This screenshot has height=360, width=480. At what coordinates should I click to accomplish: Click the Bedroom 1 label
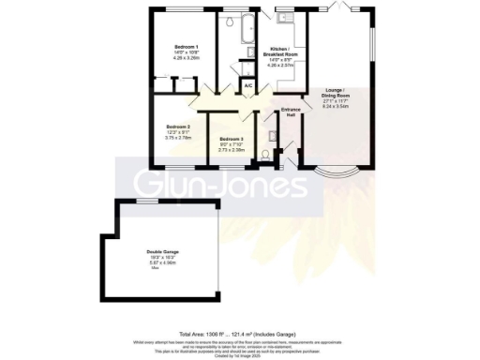coord(186,46)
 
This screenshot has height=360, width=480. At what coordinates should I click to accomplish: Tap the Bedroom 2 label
coord(179,126)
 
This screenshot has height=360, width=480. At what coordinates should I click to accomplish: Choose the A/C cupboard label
coord(248,87)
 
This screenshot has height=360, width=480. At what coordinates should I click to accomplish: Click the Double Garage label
coord(161,251)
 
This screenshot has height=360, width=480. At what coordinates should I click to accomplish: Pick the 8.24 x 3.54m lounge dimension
coord(335,106)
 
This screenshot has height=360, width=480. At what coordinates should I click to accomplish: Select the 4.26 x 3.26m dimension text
coord(186,58)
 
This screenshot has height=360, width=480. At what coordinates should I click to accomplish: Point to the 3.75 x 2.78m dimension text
coord(178,137)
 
